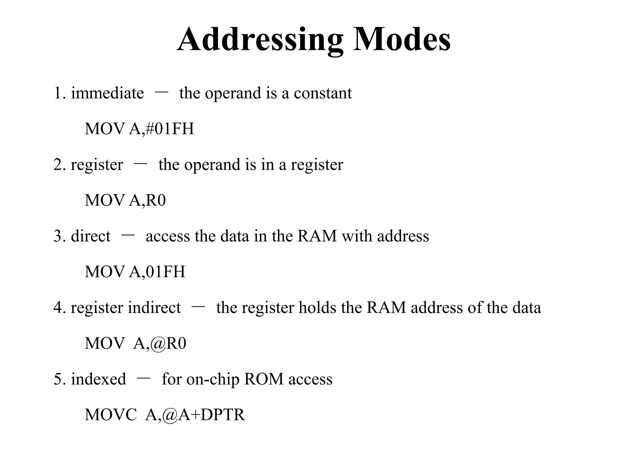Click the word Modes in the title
[x=402, y=40]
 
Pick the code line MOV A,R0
[x=125, y=200]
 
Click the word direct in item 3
[x=90, y=236]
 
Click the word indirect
[x=154, y=308]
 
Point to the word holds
[x=317, y=308]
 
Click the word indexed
[x=98, y=379]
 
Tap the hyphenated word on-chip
[x=213, y=380]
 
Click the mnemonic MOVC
[x=111, y=415]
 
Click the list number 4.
[x=58, y=308]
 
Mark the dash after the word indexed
[x=144, y=378]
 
